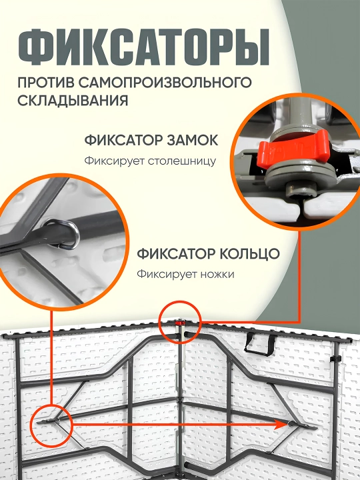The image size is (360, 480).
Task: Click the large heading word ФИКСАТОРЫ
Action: click(x=143, y=47)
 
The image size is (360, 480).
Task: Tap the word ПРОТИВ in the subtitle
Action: click(x=45, y=83)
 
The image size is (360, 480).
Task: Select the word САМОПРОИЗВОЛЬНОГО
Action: click(x=165, y=83)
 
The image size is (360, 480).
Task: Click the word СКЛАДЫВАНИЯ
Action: click(x=73, y=101)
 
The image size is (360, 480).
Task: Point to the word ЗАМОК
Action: click(x=192, y=141)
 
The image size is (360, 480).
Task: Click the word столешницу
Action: click(x=181, y=161)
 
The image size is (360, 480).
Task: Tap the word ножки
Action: click(x=217, y=274)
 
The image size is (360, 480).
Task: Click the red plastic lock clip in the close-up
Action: click(x=293, y=150)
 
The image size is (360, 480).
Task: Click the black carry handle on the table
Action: click(x=260, y=345)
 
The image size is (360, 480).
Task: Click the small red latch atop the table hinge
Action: click(x=180, y=323)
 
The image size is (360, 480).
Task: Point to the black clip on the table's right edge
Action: click(x=335, y=359)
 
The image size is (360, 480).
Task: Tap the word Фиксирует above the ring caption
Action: click(x=114, y=161)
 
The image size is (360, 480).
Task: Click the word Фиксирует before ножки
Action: click(x=167, y=274)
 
